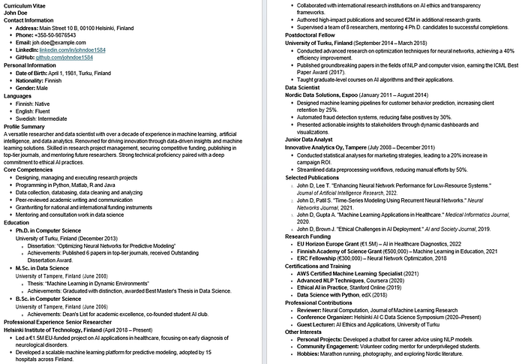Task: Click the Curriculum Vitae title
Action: (28, 5)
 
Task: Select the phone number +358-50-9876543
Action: (63, 35)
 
